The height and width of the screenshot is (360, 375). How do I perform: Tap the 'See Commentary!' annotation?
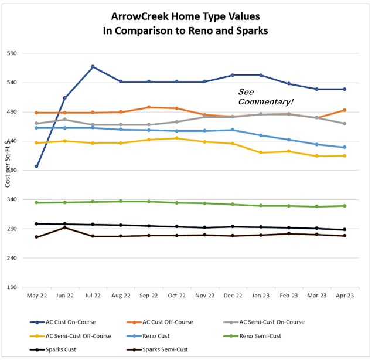pyautogui.click(x=265, y=97)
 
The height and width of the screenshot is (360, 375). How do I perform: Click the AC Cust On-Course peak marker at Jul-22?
pyautogui.click(x=93, y=67)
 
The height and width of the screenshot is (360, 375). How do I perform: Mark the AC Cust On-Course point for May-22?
pyautogui.click(x=36, y=166)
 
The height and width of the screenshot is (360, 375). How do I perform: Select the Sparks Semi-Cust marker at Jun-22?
pyautogui.click(x=64, y=227)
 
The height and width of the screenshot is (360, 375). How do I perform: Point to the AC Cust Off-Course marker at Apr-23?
pyautogui.click(x=345, y=110)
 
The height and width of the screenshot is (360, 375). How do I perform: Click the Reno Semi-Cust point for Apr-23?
pyautogui.click(x=345, y=206)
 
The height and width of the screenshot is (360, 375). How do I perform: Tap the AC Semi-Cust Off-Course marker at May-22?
pyautogui.click(x=36, y=142)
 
